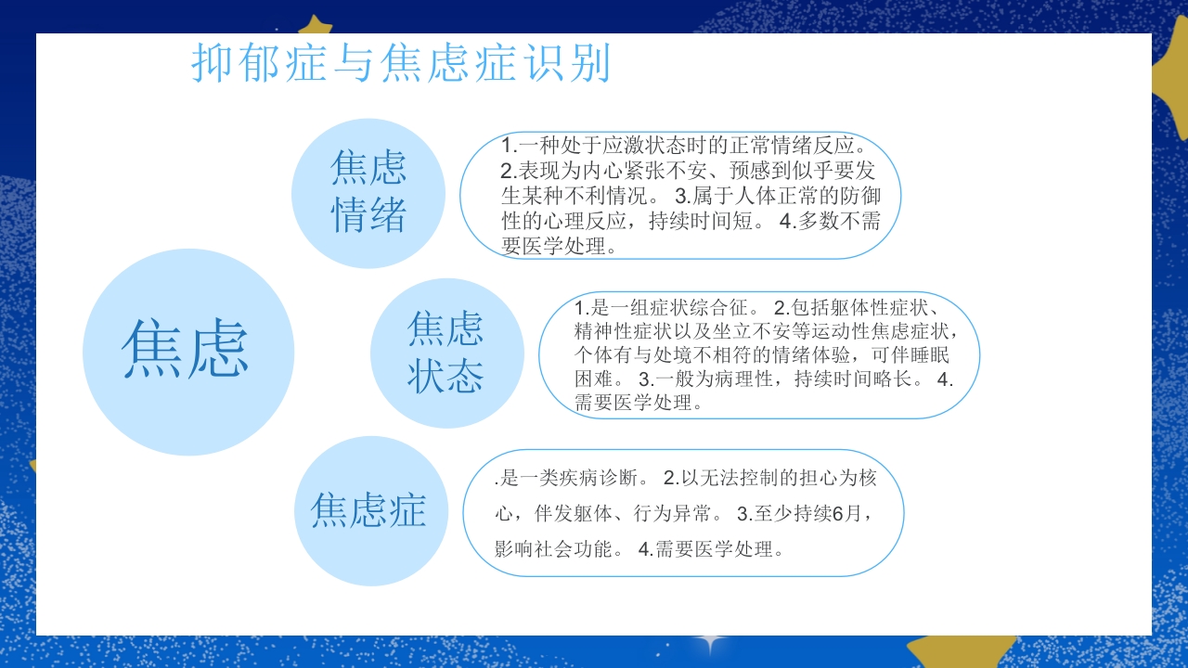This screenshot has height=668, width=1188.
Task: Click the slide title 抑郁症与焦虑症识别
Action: (x=401, y=63)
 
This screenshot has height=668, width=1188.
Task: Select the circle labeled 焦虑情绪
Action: (x=368, y=193)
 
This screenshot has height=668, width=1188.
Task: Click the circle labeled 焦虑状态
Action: (x=446, y=353)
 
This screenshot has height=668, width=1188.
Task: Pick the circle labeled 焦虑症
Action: (x=368, y=510)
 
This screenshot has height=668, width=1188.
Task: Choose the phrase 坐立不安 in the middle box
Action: (x=763, y=332)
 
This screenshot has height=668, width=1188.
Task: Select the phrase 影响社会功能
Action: (x=550, y=549)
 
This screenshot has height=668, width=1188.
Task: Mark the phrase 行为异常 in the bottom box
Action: (x=675, y=513)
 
